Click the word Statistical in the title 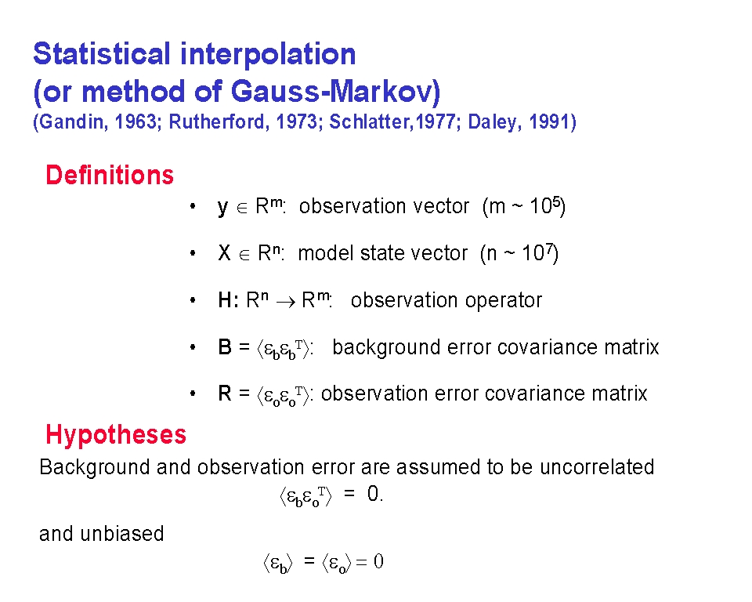(x=102, y=53)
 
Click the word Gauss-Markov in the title (x=335, y=91)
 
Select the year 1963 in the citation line (x=136, y=122)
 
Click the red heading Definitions (x=110, y=175)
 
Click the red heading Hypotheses (x=116, y=435)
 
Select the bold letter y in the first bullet (x=222, y=209)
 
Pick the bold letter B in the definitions (x=225, y=347)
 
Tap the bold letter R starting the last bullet (x=225, y=393)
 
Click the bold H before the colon (x=225, y=300)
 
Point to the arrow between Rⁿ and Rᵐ (x=286, y=302)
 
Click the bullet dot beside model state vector (x=193, y=253)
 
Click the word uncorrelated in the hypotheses (x=597, y=467)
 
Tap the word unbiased (x=122, y=534)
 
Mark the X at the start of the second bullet (x=225, y=253)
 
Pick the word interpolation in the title (x=268, y=55)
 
